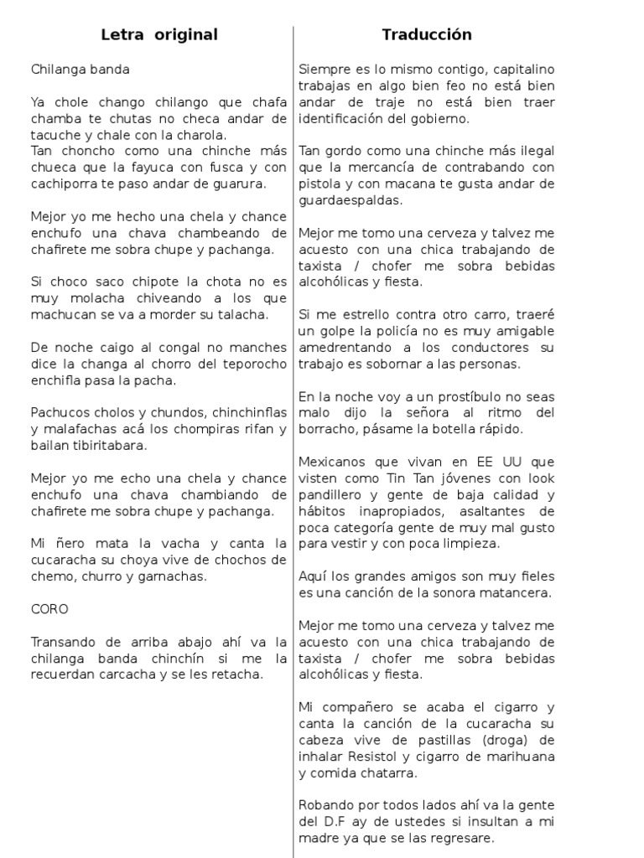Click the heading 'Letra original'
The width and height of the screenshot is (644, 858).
pyautogui.click(x=158, y=35)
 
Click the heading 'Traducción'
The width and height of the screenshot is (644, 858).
pyautogui.click(x=427, y=35)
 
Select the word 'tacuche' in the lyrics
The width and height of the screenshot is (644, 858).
pyautogui.click(x=55, y=134)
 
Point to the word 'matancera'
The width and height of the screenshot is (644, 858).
pyautogui.click(x=517, y=593)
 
